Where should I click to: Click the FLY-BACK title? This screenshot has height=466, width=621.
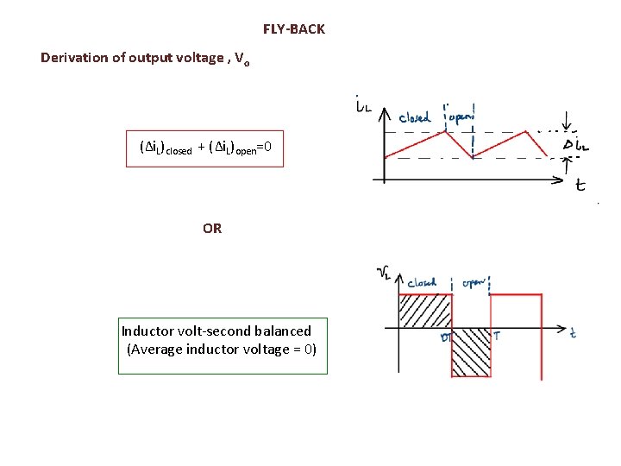[x=294, y=29]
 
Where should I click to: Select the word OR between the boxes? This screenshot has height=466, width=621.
[x=212, y=229]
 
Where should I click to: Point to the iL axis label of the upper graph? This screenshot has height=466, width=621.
[x=363, y=104]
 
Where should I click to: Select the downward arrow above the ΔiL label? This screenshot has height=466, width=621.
[x=566, y=120]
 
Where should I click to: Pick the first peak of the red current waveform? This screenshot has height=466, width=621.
[x=447, y=131]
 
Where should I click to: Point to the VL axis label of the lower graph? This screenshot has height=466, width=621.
[x=386, y=274]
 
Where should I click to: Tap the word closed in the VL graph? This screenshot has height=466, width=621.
[x=422, y=282]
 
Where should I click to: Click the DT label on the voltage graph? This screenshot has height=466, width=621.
[x=447, y=337]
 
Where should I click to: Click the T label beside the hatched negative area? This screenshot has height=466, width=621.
[x=496, y=335]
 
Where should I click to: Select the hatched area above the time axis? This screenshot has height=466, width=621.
[x=424, y=312]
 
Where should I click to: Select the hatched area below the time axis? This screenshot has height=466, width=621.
[x=471, y=352]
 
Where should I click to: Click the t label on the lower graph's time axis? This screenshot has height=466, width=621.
[x=573, y=332]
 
